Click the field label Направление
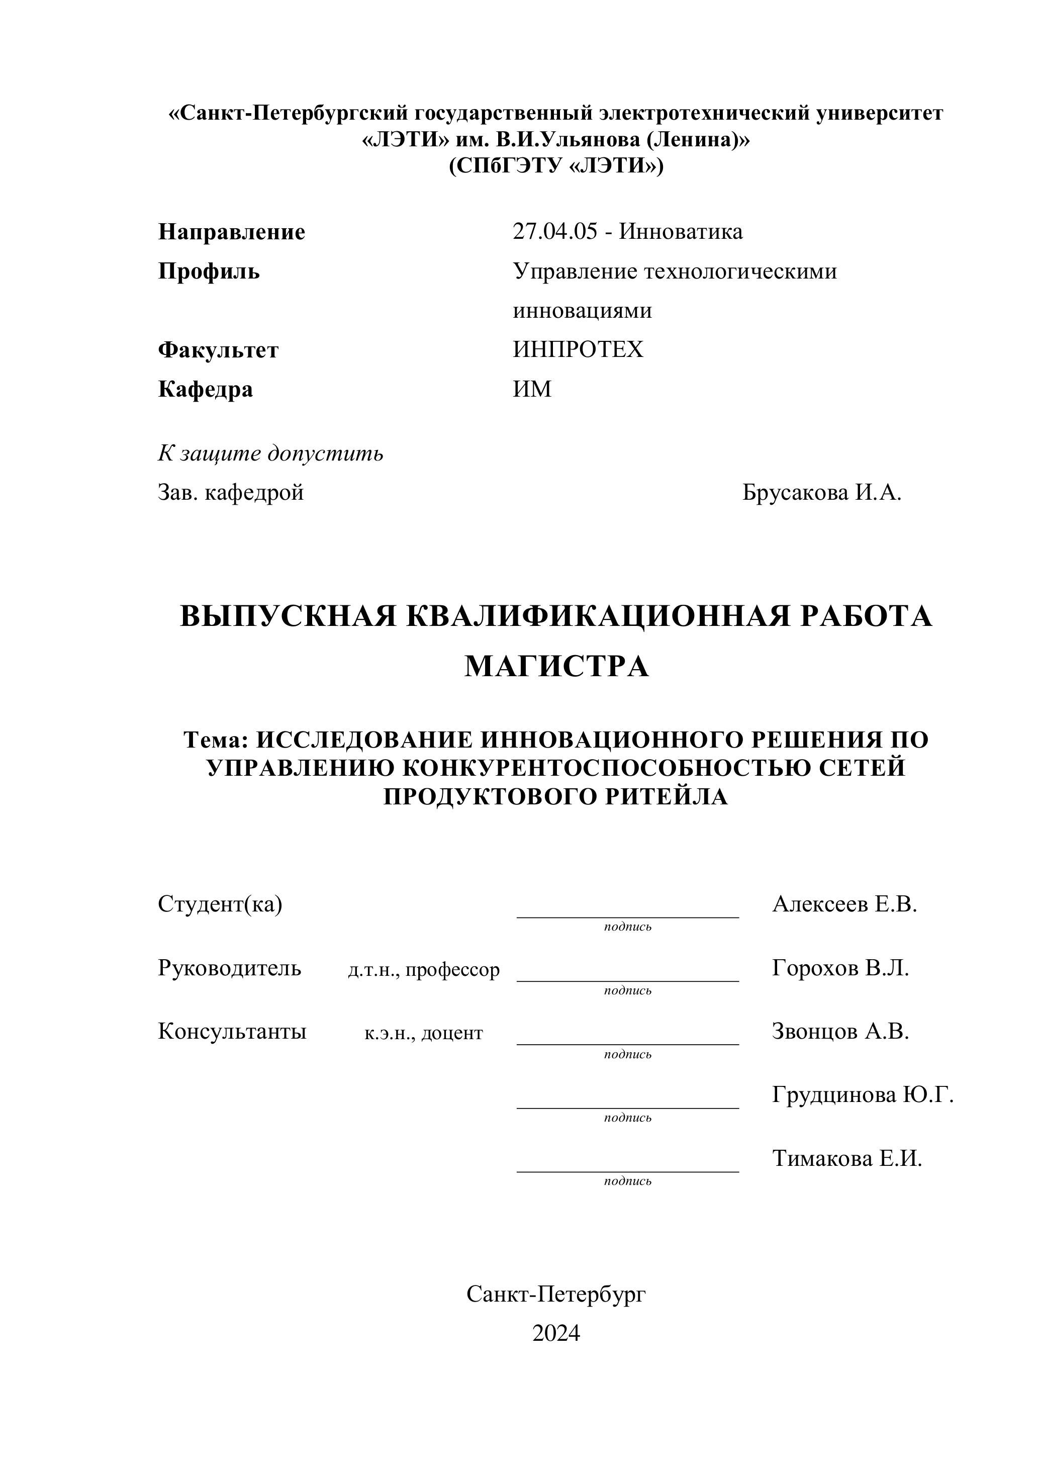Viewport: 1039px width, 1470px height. [x=231, y=232]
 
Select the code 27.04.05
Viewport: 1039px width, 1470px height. [x=554, y=231]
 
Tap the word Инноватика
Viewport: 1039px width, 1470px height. [x=681, y=231]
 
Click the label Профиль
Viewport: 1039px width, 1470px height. [x=209, y=271]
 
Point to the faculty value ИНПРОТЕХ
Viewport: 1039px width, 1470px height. [x=578, y=349]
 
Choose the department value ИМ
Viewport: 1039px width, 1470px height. [x=531, y=389]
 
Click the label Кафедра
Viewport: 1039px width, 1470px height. [x=205, y=389]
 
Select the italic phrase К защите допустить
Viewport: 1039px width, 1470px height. [x=270, y=453]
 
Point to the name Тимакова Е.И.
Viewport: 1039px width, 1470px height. [x=846, y=1158]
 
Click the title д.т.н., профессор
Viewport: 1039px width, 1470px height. [x=423, y=970]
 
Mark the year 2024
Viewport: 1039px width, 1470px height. [x=555, y=1332]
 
